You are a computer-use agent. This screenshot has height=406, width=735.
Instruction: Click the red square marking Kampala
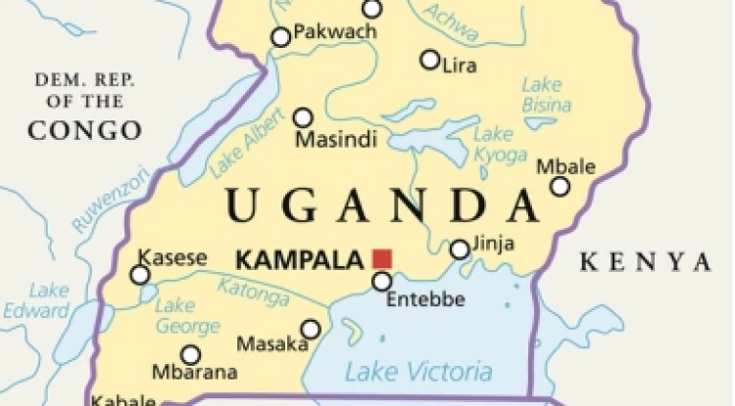click(x=382, y=259)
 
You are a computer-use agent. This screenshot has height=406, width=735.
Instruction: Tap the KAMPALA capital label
click(x=301, y=260)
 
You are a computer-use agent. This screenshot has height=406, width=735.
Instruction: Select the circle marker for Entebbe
click(x=382, y=282)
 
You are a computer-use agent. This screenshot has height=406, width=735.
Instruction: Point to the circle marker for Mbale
click(x=560, y=187)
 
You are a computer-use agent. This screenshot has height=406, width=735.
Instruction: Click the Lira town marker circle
click(x=429, y=60)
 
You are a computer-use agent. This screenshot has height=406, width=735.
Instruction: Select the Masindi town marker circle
click(x=304, y=117)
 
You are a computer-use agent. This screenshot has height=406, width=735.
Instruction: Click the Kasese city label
click(x=172, y=258)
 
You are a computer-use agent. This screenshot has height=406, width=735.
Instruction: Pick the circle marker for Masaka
click(x=311, y=329)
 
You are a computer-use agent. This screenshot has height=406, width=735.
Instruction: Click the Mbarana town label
click(x=194, y=373)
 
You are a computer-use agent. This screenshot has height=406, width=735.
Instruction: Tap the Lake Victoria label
click(x=418, y=371)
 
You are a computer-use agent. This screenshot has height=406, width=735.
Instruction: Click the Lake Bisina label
click(x=541, y=93)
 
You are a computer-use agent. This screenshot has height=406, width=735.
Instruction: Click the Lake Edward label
click(x=48, y=300)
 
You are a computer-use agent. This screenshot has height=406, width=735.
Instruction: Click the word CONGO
click(x=84, y=129)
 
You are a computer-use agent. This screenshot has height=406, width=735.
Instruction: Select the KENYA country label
click(x=644, y=261)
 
